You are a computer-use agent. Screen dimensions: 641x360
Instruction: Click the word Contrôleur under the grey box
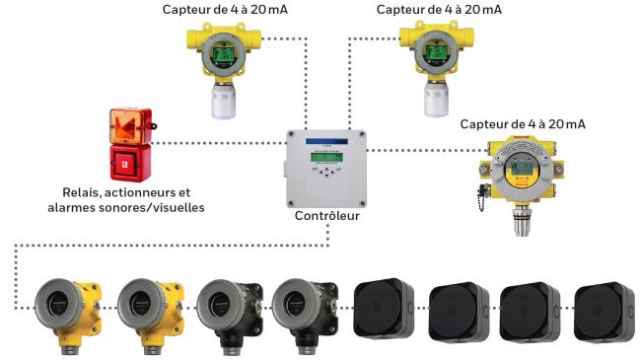pyautogui.click(x=327, y=216)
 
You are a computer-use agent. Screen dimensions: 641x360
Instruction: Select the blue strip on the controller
pyautogui.click(x=326, y=142)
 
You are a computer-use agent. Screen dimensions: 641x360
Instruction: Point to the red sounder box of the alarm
pyautogui.click(x=130, y=163)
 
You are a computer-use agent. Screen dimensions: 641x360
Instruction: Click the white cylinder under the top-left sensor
pyautogui.click(x=223, y=101)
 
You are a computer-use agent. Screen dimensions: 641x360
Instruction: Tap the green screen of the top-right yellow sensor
pyautogui.click(x=436, y=53)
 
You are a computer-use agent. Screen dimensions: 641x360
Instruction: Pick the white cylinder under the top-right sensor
pyautogui.click(x=436, y=99)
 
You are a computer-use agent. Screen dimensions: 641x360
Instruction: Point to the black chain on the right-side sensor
pyautogui.click(x=482, y=197)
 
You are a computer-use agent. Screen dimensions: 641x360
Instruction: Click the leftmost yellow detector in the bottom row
pyautogui.click(x=68, y=314)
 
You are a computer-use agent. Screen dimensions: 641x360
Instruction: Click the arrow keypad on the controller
pyautogui.click(x=326, y=172)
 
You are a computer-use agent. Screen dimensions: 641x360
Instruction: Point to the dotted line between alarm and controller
pyautogui.click(x=219, y=143)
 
